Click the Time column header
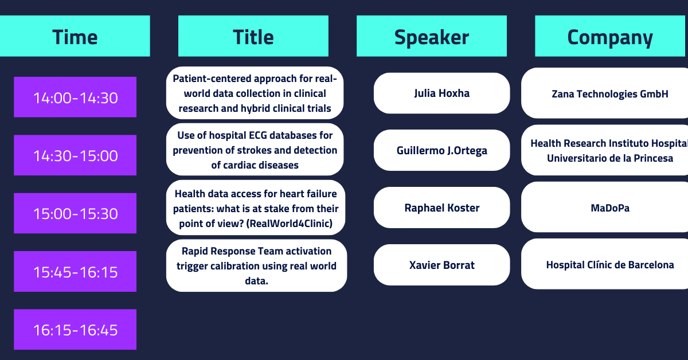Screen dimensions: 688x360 [75, 36]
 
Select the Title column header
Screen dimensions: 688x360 [253, 36]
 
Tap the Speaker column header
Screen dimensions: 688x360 [432, 36]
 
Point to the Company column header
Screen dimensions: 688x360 [610, 36]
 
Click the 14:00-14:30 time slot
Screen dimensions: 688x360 [75, 97]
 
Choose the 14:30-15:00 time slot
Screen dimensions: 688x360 [75, 155]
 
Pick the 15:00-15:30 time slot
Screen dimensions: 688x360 [75, 213]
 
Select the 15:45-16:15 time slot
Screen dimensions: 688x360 [75, 271]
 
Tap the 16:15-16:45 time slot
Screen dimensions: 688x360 [75, 329]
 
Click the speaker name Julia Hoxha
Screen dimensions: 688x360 [441, 93]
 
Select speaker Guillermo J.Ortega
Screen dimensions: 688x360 [441, 150]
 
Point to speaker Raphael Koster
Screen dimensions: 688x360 [441, 208]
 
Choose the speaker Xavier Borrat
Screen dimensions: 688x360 [441, 265]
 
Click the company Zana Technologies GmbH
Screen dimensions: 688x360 [609, 93]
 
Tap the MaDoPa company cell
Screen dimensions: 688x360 [609, 208]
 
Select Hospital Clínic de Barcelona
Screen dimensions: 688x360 [609, 264]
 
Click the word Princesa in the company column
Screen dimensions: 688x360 [653, 158]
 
